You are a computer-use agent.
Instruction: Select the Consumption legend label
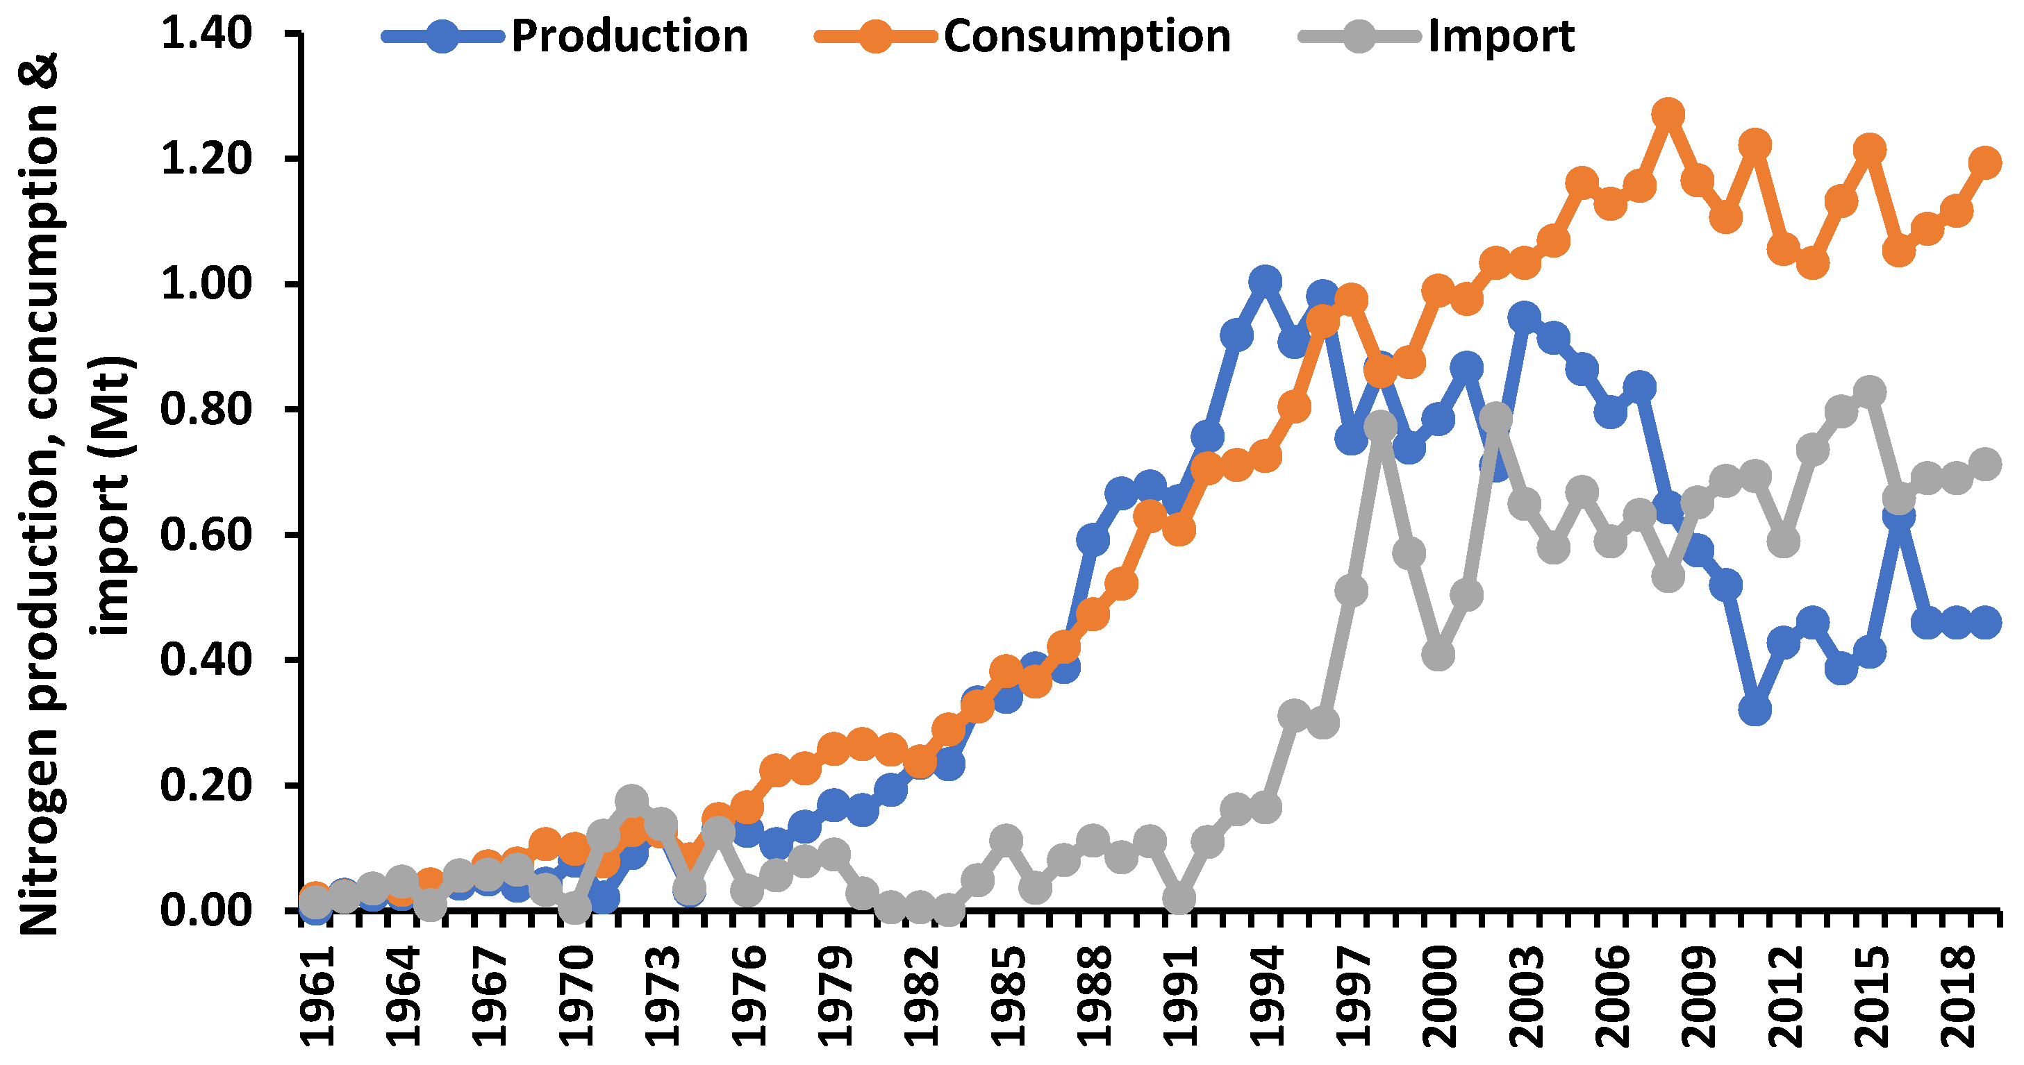(1086, 36)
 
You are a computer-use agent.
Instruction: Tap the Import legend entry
(1501, 36)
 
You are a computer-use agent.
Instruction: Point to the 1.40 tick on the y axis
(206, 33)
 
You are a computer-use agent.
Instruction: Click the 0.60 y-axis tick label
(206, 534)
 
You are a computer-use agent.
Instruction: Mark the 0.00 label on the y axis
(206, 909)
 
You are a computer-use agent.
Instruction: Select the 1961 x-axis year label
(317, 998)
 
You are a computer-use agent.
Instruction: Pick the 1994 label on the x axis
(1266, 998)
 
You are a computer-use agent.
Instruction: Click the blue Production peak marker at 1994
(1265, 281)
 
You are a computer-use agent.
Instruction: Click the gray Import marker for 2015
(1870, 391)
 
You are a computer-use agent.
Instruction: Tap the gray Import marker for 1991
(1179, 898)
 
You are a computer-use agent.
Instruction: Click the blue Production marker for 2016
(1899, 515)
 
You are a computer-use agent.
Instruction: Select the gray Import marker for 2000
(1438, 654)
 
